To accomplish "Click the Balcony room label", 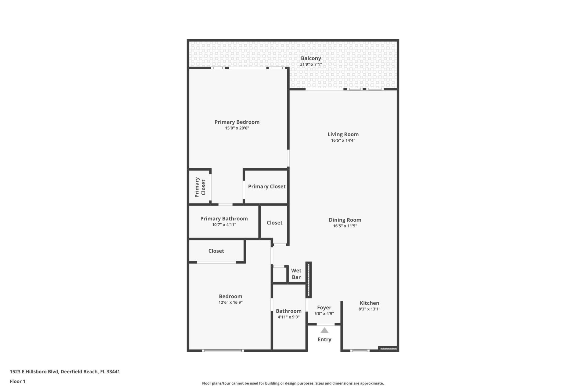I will click(311, 58).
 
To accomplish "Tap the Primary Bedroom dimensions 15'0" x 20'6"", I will click(237, 128).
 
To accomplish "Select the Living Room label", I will click(343, 134).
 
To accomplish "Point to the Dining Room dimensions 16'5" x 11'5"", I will click(345, 226).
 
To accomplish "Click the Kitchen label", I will click(369, 303).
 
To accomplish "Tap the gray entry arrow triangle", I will click(324, 331).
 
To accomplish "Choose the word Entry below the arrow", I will click(324, 339).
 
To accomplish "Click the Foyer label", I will click(324, 308).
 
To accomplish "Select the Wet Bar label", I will click(296, 274).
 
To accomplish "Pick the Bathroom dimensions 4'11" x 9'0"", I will click(288, 317).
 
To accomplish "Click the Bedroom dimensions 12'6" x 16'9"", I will click(230, 302).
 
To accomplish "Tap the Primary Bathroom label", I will click(224, 219).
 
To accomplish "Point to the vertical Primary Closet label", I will click(200, 187).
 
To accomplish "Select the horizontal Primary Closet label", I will click(267, 187).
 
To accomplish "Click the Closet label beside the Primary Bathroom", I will click(274, 223).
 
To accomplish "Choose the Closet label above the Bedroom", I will click(216, 251).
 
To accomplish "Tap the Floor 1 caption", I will click(17, 382).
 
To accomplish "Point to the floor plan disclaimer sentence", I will click(293, 383).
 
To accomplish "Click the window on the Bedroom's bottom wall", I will click(223, 351).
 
